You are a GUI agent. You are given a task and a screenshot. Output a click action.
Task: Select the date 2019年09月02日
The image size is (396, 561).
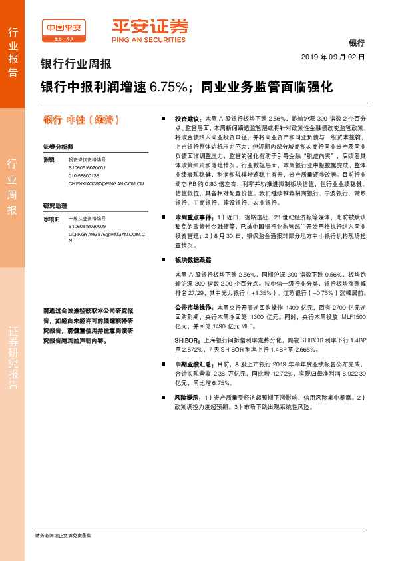(x=333, y=57)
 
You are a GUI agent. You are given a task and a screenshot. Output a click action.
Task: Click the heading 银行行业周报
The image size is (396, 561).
(x=76, y=65)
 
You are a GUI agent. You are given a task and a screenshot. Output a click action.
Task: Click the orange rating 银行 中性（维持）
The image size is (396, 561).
(x=82, y=120)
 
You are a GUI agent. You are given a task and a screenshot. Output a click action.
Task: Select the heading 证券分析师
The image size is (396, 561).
(x=58, y=146)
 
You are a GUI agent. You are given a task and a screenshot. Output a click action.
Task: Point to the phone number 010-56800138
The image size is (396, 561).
(x=83, y=175)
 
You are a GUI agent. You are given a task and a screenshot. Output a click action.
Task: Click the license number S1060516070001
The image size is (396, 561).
(x=87, y=168)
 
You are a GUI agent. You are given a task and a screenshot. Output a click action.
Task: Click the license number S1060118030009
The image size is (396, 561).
(x=87, y=226)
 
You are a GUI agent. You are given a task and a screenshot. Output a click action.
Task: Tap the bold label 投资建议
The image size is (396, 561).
(x=187, y=116)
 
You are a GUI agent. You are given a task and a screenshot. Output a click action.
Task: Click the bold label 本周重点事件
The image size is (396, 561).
(x=192, y=217)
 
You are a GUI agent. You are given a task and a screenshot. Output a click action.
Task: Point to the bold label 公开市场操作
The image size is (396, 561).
(x=192, y=307)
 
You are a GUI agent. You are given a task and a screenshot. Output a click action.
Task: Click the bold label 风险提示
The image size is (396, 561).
(x=187, y=397)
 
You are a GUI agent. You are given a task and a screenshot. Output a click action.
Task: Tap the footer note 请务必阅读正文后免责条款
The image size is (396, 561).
(x=63, y=535)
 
